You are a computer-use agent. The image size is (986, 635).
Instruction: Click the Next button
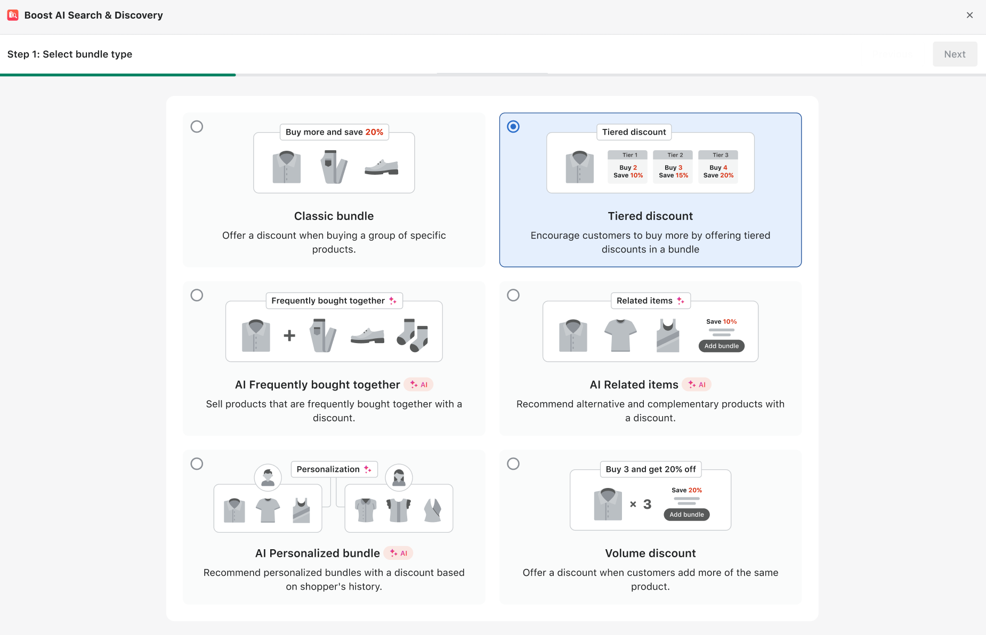pyautogui.click(x=955, y=54)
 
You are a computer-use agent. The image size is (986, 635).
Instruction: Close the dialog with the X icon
pyautogui.click(x=969, y=15)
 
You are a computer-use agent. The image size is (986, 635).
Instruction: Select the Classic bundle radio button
pyautogui.click(x=197, y=127)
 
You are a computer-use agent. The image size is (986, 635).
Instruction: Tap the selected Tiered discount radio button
pyautogui.click(x=513, y=127)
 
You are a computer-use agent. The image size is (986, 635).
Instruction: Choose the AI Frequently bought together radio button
pyautogui.click(x=197, y=295)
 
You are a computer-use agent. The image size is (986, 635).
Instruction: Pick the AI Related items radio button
pyautogui.click(x=513, y=295)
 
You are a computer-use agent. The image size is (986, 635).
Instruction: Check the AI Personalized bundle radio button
pyautogui.click(x=197, y=464)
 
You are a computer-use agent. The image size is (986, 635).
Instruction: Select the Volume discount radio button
pyautogui.click(x=513, y=464)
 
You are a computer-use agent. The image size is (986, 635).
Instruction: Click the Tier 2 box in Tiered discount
pyautogui.click(x=673, y=167)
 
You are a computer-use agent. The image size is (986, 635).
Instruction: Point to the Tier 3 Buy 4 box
pyautogui.click(x=718, y=167)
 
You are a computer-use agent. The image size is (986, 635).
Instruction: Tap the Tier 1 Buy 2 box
pyautogui.click(x=628, y=167)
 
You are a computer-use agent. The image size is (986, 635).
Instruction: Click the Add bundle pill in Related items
pyautogui.click(x=721, y=346)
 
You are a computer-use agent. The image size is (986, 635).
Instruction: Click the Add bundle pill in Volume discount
pyautogui.click(x=686, y=515)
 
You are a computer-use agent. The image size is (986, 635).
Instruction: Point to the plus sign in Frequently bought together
pyautogui.click(x=289, y=336)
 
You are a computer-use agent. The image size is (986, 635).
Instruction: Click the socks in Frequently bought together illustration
pyautogui.click(x=413, y=335)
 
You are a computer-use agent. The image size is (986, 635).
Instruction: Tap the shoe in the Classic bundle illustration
pyautogui.click(x=381, y=167)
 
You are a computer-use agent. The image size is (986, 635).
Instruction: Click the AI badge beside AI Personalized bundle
pyautogui.click(x=399, y=553)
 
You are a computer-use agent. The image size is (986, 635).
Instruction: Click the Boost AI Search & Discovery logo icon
pyautogui.click(x=13, y=15)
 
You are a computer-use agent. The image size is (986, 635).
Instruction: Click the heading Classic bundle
pyautogui.click(x=334, y=216)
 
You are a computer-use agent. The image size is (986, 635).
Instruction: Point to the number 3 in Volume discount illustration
pyautogui.click(x=647, y=504)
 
